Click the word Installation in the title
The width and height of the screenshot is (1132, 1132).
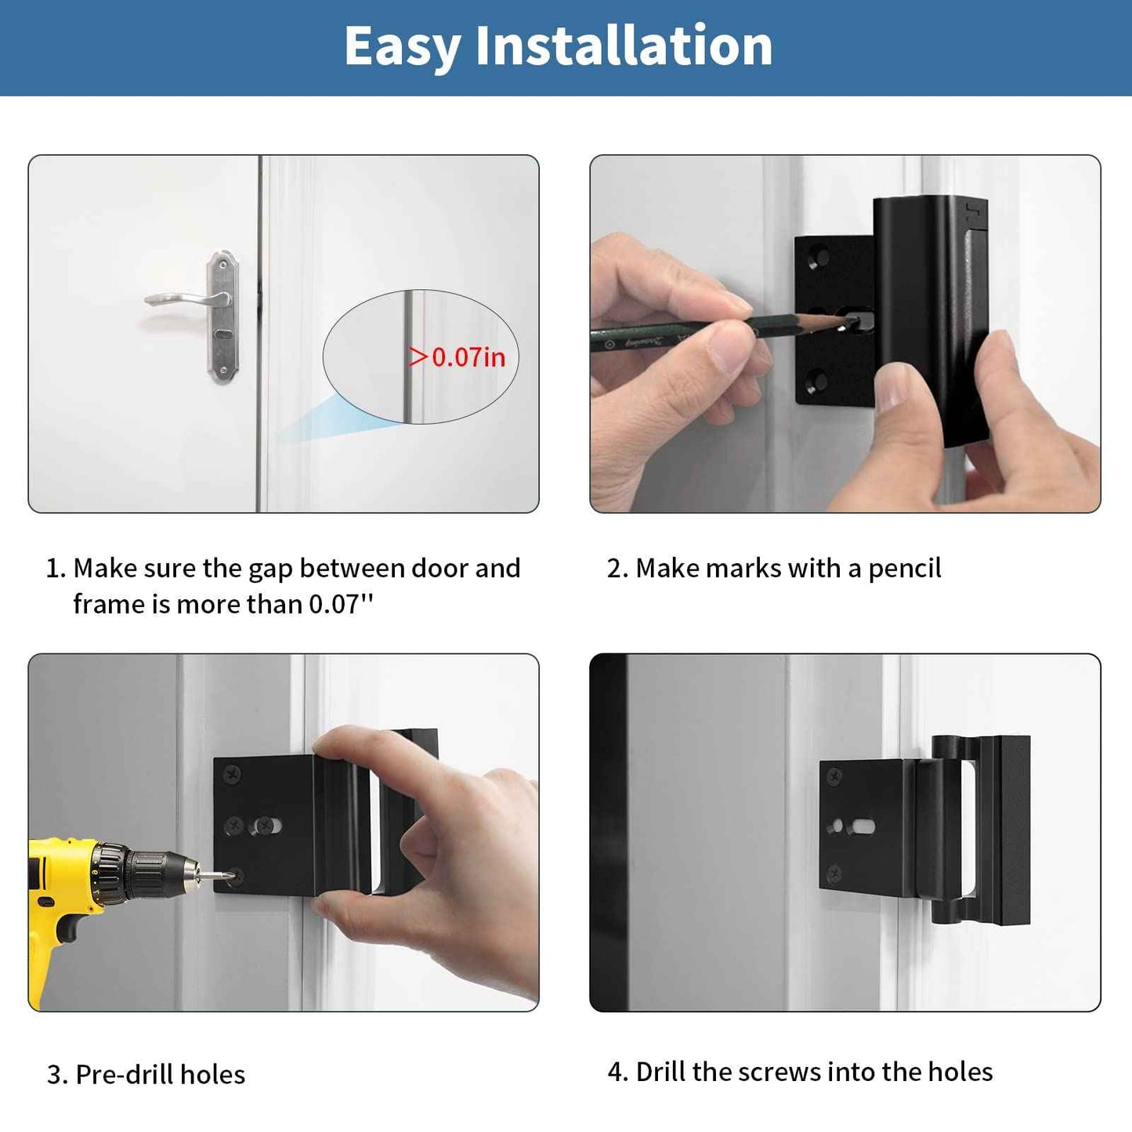click(624, 45)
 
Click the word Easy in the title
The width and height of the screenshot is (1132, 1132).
click(403, 47)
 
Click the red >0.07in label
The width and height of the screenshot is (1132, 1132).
click(459, 357)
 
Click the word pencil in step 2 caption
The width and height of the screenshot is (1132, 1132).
click(904, 568)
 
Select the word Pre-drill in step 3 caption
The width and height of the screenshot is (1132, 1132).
click(125, 1074)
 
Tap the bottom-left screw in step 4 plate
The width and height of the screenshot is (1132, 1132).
click(835, 872)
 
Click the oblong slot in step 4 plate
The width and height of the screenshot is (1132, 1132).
click(863, 826)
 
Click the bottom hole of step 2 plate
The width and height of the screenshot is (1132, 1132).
click(817, 382)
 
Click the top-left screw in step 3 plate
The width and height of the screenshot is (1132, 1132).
click(233, 775)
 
